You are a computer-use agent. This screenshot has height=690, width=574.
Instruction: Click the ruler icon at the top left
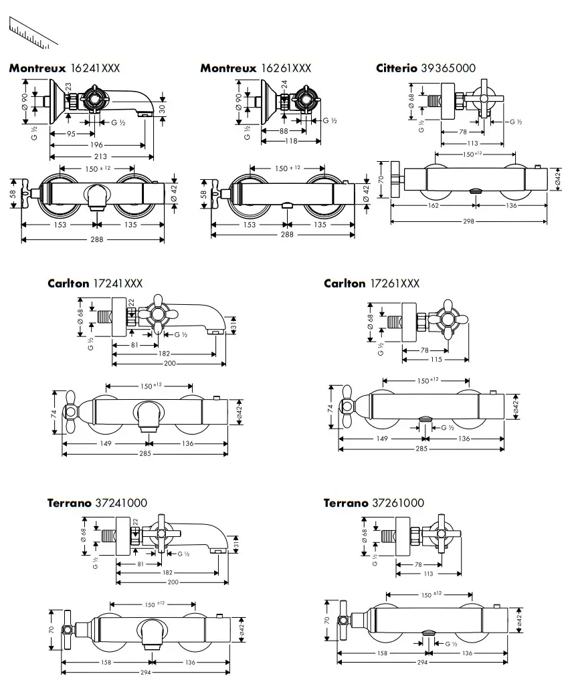pos(33,32)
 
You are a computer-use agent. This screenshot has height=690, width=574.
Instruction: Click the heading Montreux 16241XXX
pos(64,68)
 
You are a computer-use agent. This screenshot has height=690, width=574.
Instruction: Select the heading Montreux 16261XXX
pos(256,68)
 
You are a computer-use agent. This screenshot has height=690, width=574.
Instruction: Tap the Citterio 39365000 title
pos(425,68)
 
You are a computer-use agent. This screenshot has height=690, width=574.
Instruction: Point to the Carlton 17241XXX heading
pos(95,283)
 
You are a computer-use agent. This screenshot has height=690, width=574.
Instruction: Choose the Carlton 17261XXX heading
pos(371,283)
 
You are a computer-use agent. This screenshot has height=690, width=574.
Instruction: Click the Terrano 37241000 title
pos(97,503)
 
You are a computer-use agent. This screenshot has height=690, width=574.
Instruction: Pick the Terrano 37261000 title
pos(374,503)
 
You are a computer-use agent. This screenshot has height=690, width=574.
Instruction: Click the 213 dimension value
pos(100,156)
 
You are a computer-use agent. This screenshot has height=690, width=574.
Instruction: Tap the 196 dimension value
pos(96,145)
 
